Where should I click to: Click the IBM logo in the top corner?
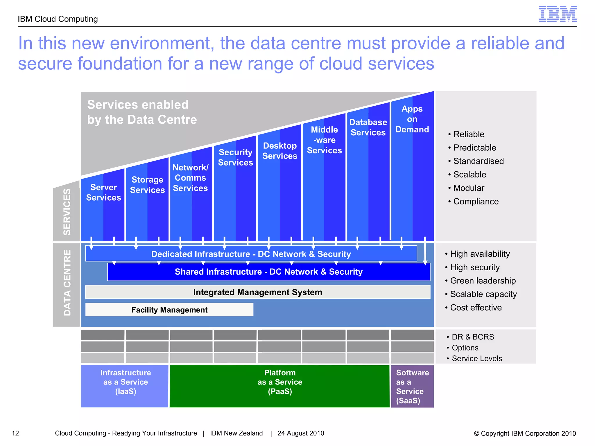(558, 14)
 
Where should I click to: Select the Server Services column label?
(103, 193)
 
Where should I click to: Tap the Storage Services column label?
(147, 185)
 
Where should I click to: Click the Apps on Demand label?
(412, 119)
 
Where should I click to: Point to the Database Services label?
(368, 127)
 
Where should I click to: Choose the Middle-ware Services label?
(324, 140)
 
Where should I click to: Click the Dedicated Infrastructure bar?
(251, 254)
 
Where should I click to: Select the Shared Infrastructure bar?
(268, 272)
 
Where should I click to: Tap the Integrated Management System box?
(258, 292)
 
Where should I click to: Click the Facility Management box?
(169, 310)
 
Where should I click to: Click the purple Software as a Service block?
(412, 386)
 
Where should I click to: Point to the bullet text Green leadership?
(483, 281)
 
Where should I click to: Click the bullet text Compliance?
(476, 202)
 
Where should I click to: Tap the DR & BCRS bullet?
(472, 337)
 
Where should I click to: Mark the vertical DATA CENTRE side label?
(67, 283)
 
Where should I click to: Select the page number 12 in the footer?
(15, 433)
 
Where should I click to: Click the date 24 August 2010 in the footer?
(301, 433)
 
